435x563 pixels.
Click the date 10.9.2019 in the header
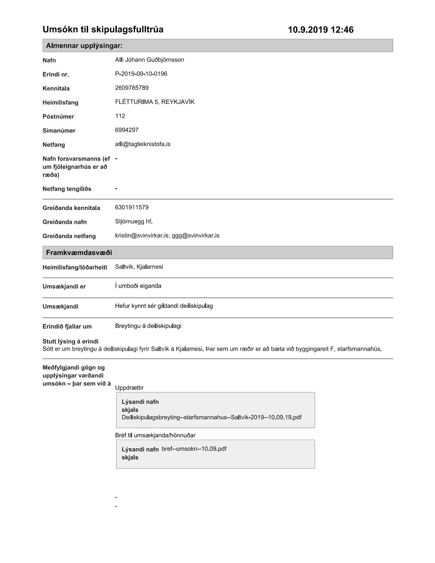(308, 30)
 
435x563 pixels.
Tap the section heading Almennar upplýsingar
(84, 46)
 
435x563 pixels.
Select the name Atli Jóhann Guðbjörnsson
(149, 60)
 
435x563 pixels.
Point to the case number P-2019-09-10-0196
(141, 74)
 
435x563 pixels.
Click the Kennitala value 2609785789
(132, 88)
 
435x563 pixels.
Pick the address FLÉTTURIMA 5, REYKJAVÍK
(155, 102)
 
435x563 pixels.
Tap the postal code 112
(120, 116)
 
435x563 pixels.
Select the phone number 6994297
(127, 130)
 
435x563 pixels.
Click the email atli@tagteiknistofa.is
(142, 144)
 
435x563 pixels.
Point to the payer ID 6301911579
(132, 207)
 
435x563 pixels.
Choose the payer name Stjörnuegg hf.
(134, 221)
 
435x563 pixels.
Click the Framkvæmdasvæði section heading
(79, 253)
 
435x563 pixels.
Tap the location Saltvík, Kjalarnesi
(139, 267)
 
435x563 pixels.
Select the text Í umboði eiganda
(138, 286)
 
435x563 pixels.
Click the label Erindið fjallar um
(67, 326)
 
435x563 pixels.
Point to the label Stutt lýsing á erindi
(70, 341)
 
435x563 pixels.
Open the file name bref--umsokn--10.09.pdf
(194, 449)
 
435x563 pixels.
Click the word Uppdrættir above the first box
(129, 388)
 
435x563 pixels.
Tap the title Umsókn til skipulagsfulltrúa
(103, 30)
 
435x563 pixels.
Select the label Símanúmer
(59, 131)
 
